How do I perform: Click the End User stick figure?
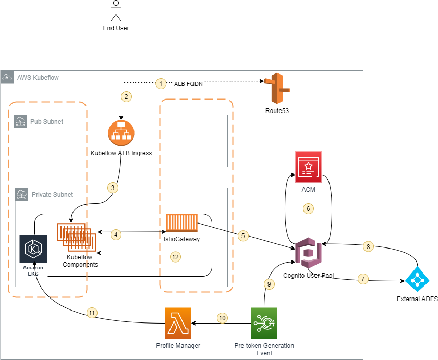(x=115, y=10)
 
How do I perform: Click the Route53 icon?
(x=276, y=89)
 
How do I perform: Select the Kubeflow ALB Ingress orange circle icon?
(x=121, y=133)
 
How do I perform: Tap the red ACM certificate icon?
(x=308, y=167)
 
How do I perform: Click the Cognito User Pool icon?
(x=309, y=253)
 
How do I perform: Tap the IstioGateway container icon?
(x=181, y=222)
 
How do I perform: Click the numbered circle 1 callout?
(x=161, y=83)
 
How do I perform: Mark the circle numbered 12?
(x=176, y=256)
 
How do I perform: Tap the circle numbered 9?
(x=269, y=284)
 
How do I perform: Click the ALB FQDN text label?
(x=188, y=83)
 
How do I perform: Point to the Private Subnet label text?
(x=52, y=194)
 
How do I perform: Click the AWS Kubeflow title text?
(x=38, y=78)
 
